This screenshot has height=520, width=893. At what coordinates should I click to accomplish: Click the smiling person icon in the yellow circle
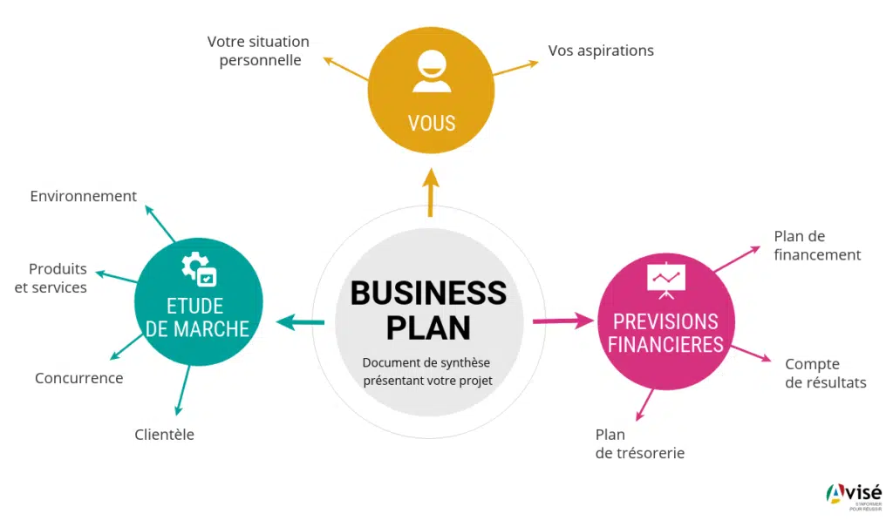point(432,71)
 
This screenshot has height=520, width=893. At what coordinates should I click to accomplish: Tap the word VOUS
point(432,123)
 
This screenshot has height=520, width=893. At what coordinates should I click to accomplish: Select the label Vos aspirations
point(601,51)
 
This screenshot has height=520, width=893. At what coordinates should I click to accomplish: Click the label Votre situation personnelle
point(258,51)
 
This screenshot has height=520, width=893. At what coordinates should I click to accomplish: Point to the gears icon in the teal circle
point(198,267)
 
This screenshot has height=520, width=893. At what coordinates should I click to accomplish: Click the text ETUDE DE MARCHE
point(198,317)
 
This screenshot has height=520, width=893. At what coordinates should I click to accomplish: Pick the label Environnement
point(83,196)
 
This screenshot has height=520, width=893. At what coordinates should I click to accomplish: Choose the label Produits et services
point(52,278)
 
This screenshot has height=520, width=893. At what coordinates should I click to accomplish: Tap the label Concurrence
point(78,378)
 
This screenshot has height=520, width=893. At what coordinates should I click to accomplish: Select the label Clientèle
point(164,434)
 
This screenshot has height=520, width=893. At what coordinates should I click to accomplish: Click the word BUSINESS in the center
point(428,293)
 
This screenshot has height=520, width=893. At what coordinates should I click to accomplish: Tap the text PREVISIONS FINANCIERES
point(665,333)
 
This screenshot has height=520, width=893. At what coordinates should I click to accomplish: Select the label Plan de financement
point(817,245)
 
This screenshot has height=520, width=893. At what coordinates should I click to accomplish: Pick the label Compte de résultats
point(825,373)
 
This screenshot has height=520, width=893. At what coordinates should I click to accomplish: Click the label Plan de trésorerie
point(639,443)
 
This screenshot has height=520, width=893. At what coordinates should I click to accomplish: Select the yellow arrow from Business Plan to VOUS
point(430,191)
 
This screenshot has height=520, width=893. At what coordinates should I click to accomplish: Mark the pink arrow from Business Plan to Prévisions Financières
point(562,321)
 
